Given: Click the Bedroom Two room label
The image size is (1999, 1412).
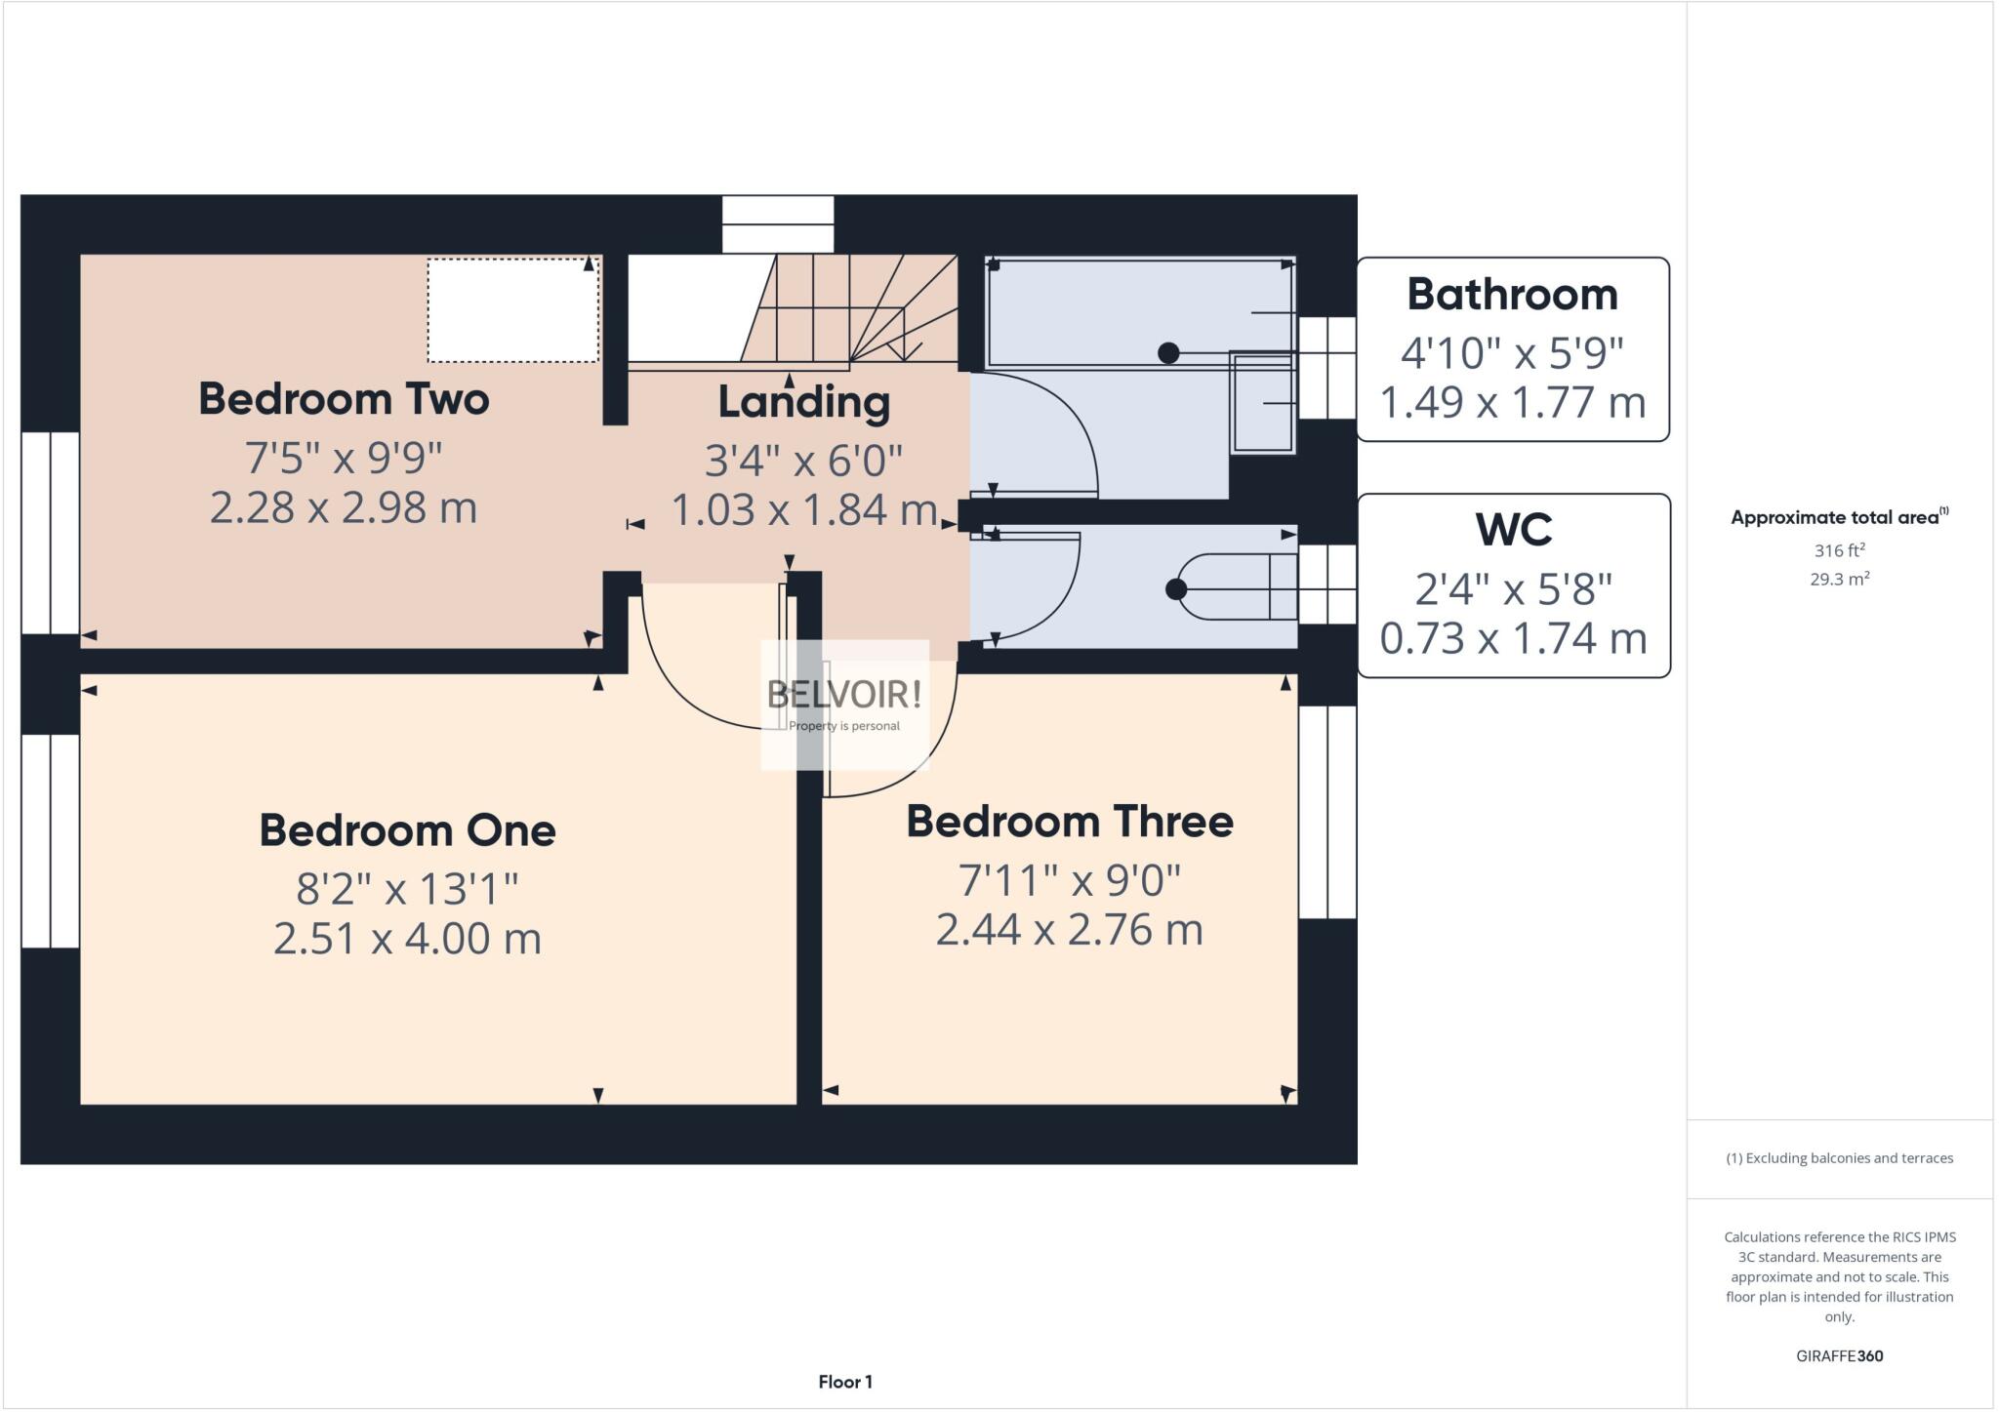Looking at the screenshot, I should (x=344, y=399).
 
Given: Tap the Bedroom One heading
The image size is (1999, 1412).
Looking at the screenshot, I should (x=407, y=830).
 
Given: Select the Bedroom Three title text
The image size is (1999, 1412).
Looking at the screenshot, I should (x=1069, y=822).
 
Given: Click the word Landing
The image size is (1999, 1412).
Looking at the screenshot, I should (x=803, y=402).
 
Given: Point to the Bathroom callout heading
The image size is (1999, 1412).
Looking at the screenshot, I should (x=1512, y=295).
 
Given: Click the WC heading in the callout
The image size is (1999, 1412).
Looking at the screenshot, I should (x=1513, y=530).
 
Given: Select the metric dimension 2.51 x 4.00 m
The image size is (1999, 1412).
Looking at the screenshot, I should (x=407, y=939).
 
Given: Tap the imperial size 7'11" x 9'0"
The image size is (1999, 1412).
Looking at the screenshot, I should (x=1069, y=880).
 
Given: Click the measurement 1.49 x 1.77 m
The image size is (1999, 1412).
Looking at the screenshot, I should (x=1512, y=402).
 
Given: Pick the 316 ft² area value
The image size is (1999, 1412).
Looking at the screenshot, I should (x=1839, y=550).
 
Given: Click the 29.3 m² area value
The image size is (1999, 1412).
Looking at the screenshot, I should (x=1839, y=579).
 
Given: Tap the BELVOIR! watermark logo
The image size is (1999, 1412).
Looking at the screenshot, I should (x=844, y=695).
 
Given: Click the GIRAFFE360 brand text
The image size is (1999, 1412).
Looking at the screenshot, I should (x=1839, y=1355).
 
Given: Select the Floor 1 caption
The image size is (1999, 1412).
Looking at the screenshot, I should (x=845, y=1382).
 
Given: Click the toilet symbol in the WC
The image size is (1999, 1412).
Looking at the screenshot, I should (x=1236, y=587).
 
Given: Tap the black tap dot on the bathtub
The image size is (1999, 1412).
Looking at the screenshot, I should (x=1168, y=353).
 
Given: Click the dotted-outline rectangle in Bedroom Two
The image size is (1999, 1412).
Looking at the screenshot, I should (x=512, y=310).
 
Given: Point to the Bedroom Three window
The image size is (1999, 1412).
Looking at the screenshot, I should (x=1327, y=812).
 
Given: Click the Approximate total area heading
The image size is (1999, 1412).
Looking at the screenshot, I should (x=1839, y=517).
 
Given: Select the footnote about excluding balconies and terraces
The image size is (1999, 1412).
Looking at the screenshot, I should (x=1839, y=1158).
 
